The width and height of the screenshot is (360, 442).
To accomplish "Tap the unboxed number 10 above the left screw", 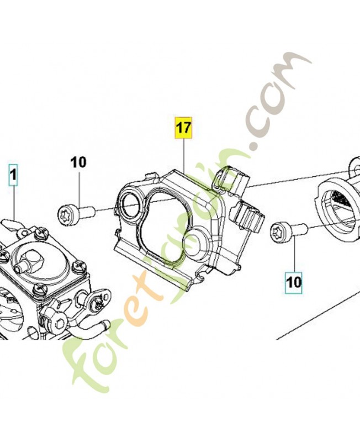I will pyautogui.click(x=78, y=162).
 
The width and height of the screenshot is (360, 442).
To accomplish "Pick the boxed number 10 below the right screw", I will pyautogui.click(x=294, y=282).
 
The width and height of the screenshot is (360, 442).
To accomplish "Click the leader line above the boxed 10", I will pyautogui.click(x=294, y=254).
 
